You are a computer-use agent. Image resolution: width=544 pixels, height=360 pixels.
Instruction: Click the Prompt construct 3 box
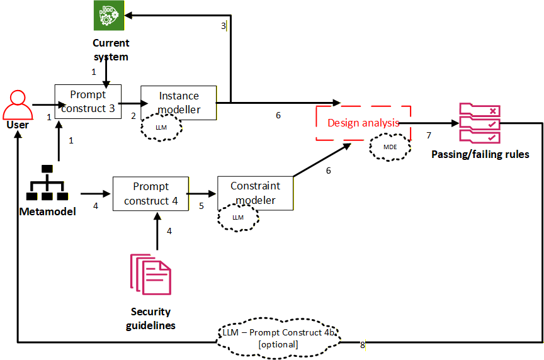coord(88,101)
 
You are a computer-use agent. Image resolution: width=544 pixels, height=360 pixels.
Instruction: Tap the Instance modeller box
coord(178,102)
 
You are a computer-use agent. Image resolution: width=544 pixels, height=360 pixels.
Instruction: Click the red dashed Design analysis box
coord(363,123)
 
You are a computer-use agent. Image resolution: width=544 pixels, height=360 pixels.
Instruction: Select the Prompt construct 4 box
coord(150,193)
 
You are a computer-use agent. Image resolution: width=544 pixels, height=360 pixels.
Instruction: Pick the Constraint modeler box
coord(255,193)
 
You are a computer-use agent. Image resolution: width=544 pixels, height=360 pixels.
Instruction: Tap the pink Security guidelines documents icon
coord(150,274)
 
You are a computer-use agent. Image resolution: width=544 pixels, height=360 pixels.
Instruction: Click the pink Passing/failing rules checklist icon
coord(480,123)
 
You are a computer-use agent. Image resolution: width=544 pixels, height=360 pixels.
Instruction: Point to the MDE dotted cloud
coord(390,147)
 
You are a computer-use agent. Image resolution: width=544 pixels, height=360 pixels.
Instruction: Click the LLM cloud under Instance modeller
coord(162,127)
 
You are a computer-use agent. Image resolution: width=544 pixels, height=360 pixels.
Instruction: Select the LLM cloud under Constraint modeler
coord(238,217)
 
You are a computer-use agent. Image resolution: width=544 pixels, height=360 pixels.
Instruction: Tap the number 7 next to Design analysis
coord(429,136)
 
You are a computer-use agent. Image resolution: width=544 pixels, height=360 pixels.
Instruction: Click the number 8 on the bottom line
coord(363,345)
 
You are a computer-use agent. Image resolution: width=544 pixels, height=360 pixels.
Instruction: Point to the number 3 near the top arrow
coord(224,26)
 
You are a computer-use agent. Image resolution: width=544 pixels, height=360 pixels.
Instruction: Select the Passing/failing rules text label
coord(480,154)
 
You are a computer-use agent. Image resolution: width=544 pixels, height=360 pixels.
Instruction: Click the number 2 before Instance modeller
coord(133,116)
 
